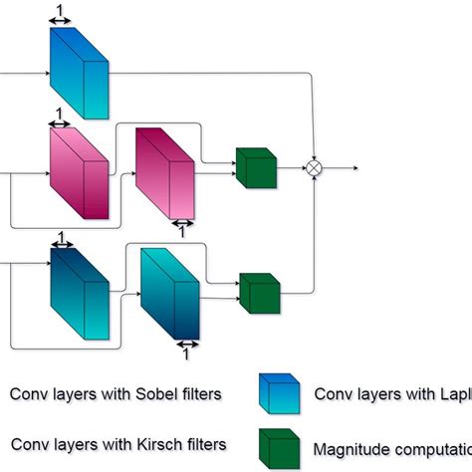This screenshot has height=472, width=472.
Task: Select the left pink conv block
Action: [x=79, y=174]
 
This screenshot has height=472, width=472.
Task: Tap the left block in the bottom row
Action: [x=80, y=294]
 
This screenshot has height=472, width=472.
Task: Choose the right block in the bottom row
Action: [x=169, y=296]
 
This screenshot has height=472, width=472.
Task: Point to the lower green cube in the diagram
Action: [x=261, y=293]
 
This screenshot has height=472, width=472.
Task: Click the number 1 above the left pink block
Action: [x=60, y=114]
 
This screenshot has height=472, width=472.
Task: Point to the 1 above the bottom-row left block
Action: [x=62, y=237]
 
